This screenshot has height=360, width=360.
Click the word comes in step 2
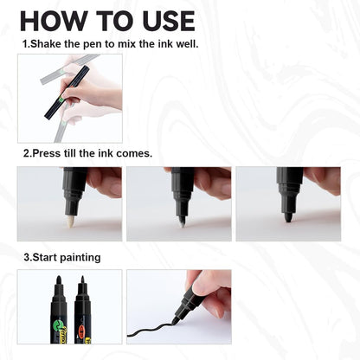coord(135,153)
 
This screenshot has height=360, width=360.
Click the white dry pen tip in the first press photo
coord(69,221)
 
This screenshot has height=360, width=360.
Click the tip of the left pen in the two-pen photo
coord(58,280)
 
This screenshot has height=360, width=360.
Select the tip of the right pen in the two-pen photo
coord(83,280)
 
